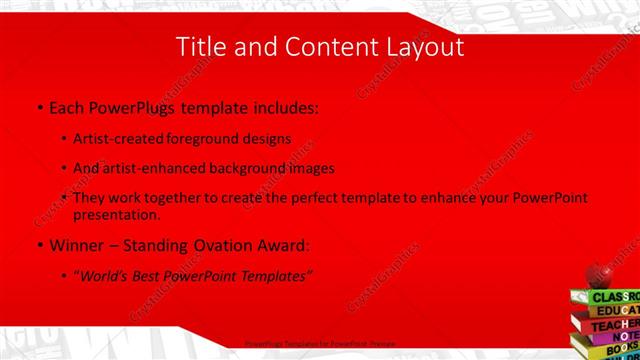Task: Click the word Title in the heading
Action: tap(200, 47)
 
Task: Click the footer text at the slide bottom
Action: tap(320, 343)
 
